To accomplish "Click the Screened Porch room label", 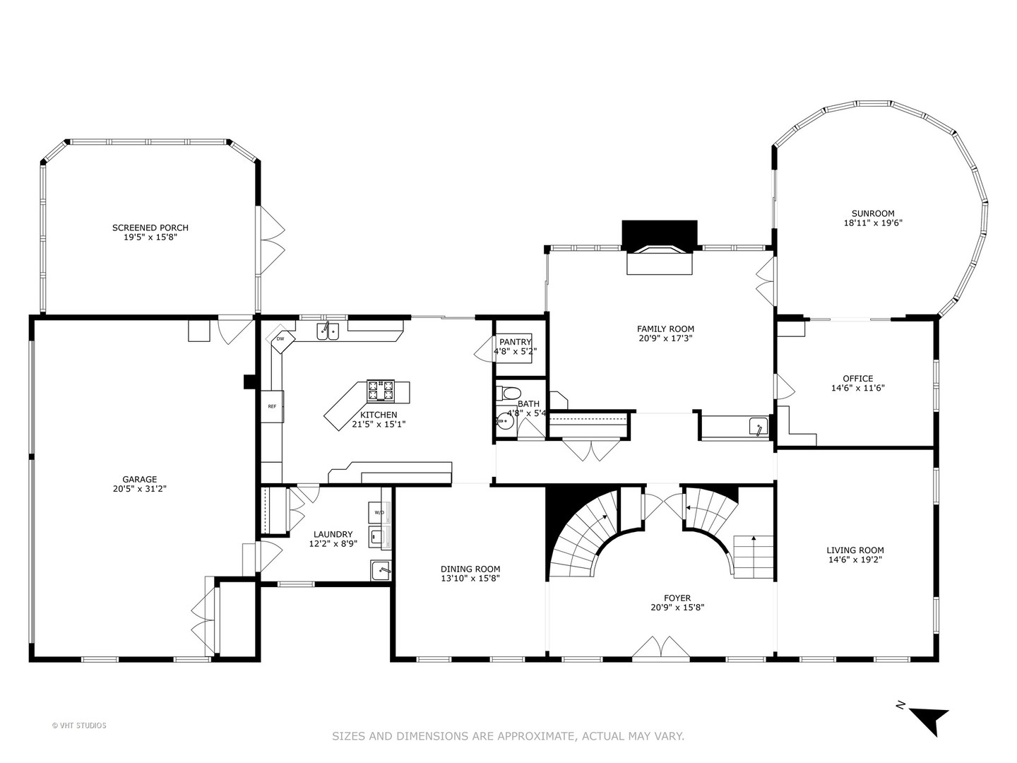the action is (x=150, y=227).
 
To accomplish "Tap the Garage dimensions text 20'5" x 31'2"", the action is (x=139, y=488).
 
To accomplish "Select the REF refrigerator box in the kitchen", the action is (x=272, y=406).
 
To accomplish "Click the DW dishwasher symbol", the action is (x=280, y=338).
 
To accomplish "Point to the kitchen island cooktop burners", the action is (x=381, y=391).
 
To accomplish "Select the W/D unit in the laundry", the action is (x=380, y=512).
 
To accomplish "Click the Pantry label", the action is (x=516, y=342).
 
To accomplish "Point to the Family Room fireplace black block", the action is (x=660, y=235).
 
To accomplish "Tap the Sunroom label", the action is (x=873, y=213).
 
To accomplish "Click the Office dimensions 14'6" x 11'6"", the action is (x=857, y=388).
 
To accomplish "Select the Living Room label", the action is (x=855, y=550).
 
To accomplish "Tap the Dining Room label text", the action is (x=470, y=569).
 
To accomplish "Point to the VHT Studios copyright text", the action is (x=79, y=726).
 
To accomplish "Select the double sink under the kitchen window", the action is (x=328, y=331).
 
